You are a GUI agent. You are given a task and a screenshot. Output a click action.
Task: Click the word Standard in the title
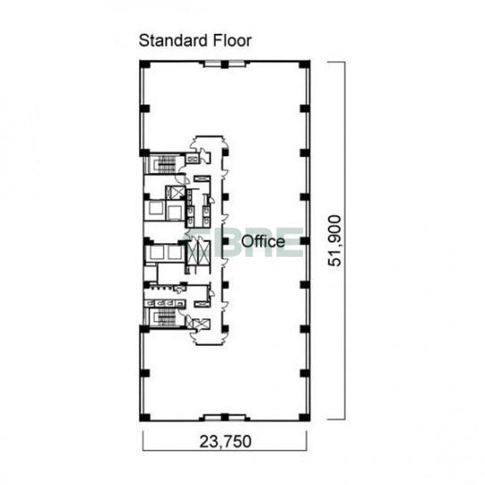[x=173, y=40]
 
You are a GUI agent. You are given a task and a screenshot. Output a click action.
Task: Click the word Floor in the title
[x=232, y=40]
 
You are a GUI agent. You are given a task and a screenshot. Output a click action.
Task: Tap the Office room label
[x=263, y=242]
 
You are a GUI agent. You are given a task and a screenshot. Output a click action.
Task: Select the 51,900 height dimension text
[x=334, y=241]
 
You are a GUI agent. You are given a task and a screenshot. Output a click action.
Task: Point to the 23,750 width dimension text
[x=226, y=441]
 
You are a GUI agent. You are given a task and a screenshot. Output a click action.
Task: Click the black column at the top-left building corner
[x=144, y=64]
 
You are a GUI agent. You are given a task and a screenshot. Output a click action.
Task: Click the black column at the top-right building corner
[x=305, y=64]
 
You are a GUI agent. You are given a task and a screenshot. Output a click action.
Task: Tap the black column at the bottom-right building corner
[x=305, y=417]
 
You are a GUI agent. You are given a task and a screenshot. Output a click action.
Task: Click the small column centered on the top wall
[x=225, y=64]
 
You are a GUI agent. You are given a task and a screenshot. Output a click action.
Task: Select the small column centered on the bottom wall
[x=225, y=417]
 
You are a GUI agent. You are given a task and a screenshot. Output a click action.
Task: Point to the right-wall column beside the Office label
[x=305, y=241]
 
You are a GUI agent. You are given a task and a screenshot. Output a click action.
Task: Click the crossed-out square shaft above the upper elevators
[x=177, y=192]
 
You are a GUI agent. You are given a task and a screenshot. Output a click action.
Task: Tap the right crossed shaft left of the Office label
[x=204, y=251]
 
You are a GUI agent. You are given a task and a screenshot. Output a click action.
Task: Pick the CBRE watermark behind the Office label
[x=244, y=242]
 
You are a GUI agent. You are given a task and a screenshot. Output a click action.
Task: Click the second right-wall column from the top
[x=305, y=109]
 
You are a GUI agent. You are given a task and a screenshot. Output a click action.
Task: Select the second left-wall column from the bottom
[x=144, y=373]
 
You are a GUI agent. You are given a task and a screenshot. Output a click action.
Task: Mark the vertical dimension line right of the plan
[x=345, y=241]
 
